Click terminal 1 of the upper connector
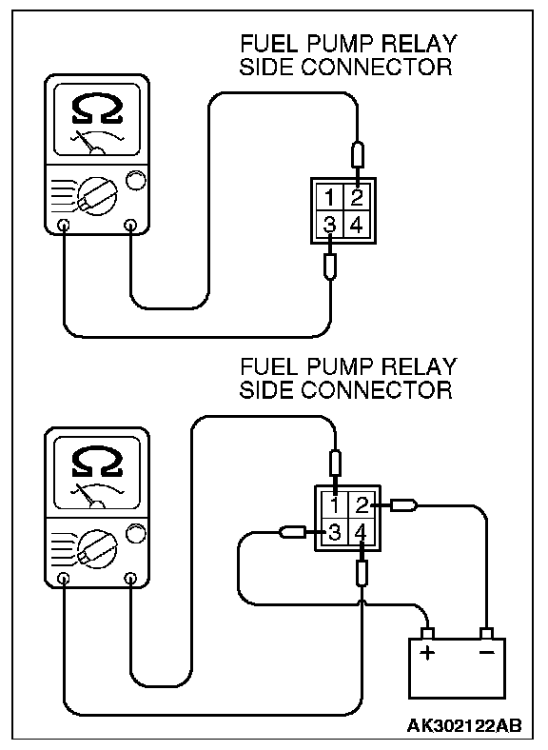click(x=329, y=197)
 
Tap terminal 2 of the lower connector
click(x=362, y=505)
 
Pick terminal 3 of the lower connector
click(x=334, y=532)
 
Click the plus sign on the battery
click(x=427, y=652)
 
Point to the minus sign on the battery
click(x=486, y=652)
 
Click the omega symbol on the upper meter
click(x=97, y=109)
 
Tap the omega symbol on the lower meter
click(x=97, y=462)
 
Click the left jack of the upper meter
click(x=63, y=225)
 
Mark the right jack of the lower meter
click(x=130, y=579)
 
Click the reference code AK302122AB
click(x=463, y=725)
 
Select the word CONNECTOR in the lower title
click(x=377, y=390)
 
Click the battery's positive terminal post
click(x=427, y=633)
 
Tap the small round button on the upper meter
click(x=135, y=181)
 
